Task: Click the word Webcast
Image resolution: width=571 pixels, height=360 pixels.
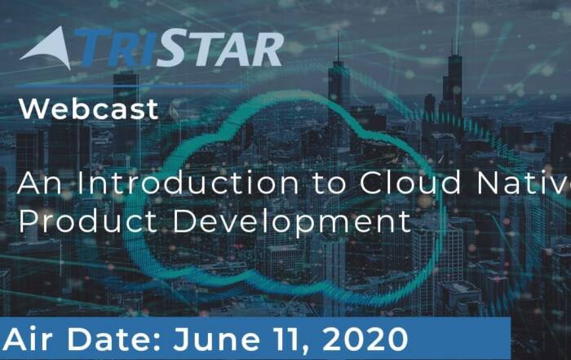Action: (88, 109)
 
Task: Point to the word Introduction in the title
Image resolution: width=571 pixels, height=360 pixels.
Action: (188, 183)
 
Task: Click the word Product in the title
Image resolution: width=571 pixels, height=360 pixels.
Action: (88, 221)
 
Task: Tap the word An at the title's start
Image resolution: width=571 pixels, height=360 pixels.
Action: (40, 183)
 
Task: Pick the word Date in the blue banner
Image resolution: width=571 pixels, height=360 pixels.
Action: (108, 340)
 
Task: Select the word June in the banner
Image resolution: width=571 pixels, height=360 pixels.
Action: (217, 340)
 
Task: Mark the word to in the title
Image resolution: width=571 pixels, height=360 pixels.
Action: (329, 184)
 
